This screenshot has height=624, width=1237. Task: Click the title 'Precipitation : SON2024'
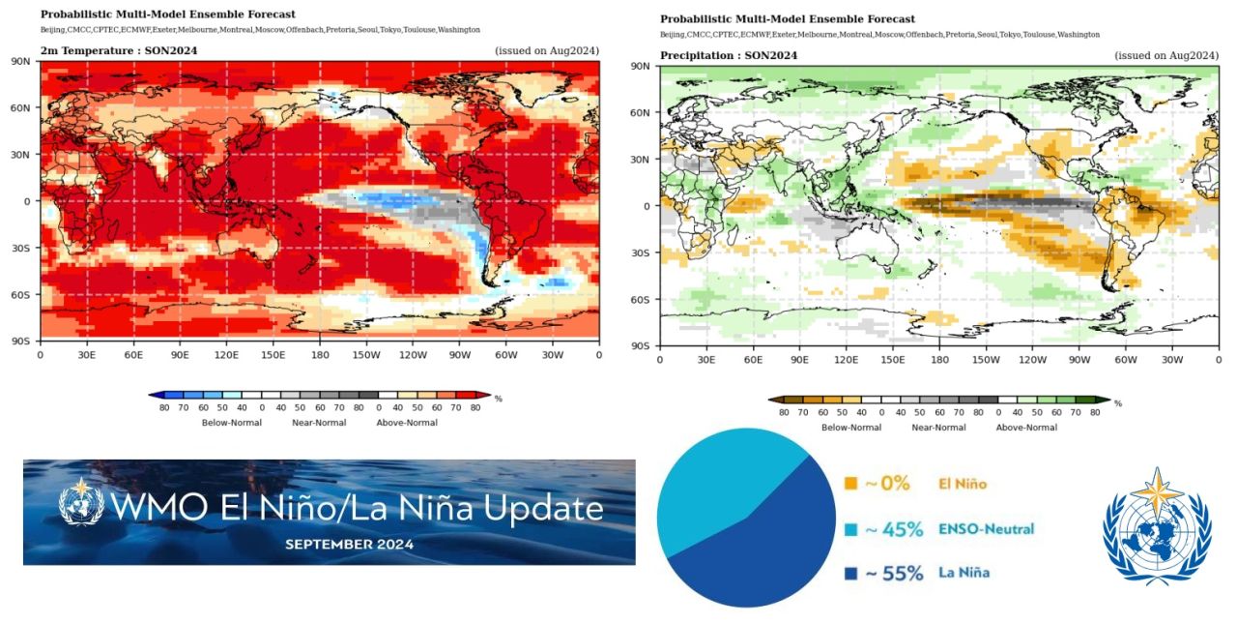pyautogui.click(x=729, y=55)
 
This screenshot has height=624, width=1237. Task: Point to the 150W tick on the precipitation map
pyautogui.click(x=985, y=360)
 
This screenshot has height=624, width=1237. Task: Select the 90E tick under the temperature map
pyautogui.click(x=180, y=355)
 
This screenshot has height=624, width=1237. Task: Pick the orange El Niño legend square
pyautogui.click(x=851, y=483)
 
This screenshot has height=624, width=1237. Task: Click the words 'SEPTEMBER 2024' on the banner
pyautogui.click(x=349, y=545)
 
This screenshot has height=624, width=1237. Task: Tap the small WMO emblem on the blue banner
pyautogui.click(x=81, y=503)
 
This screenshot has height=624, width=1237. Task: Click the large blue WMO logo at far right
pyautogui.click(x=1157, y=526)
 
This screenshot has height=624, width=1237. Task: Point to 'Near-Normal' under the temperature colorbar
pyautogui.click(x=319, y=422)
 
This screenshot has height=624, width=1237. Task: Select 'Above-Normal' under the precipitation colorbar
pyautogui.click(x=1026, y=427)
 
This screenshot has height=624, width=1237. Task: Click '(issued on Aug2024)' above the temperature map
pyautogui.click(x=547, y=50)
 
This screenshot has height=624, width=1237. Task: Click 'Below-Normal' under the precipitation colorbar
pyautogui.click(x=851, y=427)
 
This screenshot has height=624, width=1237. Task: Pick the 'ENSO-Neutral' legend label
pyautogui.click(x=986, y=529)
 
